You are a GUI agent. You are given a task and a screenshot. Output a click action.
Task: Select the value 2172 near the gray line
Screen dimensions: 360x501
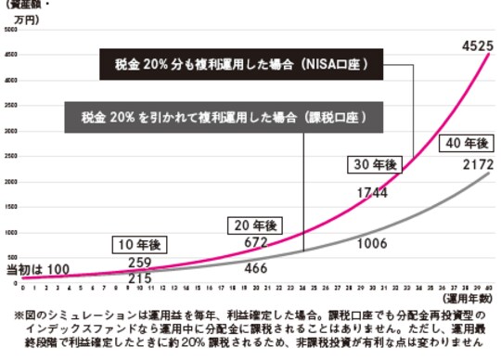click(x=461, y=165)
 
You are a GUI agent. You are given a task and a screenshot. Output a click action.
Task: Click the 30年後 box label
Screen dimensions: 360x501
click(x=373, y=164)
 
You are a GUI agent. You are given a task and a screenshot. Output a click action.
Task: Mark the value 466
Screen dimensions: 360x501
click(x=256, y=268)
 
